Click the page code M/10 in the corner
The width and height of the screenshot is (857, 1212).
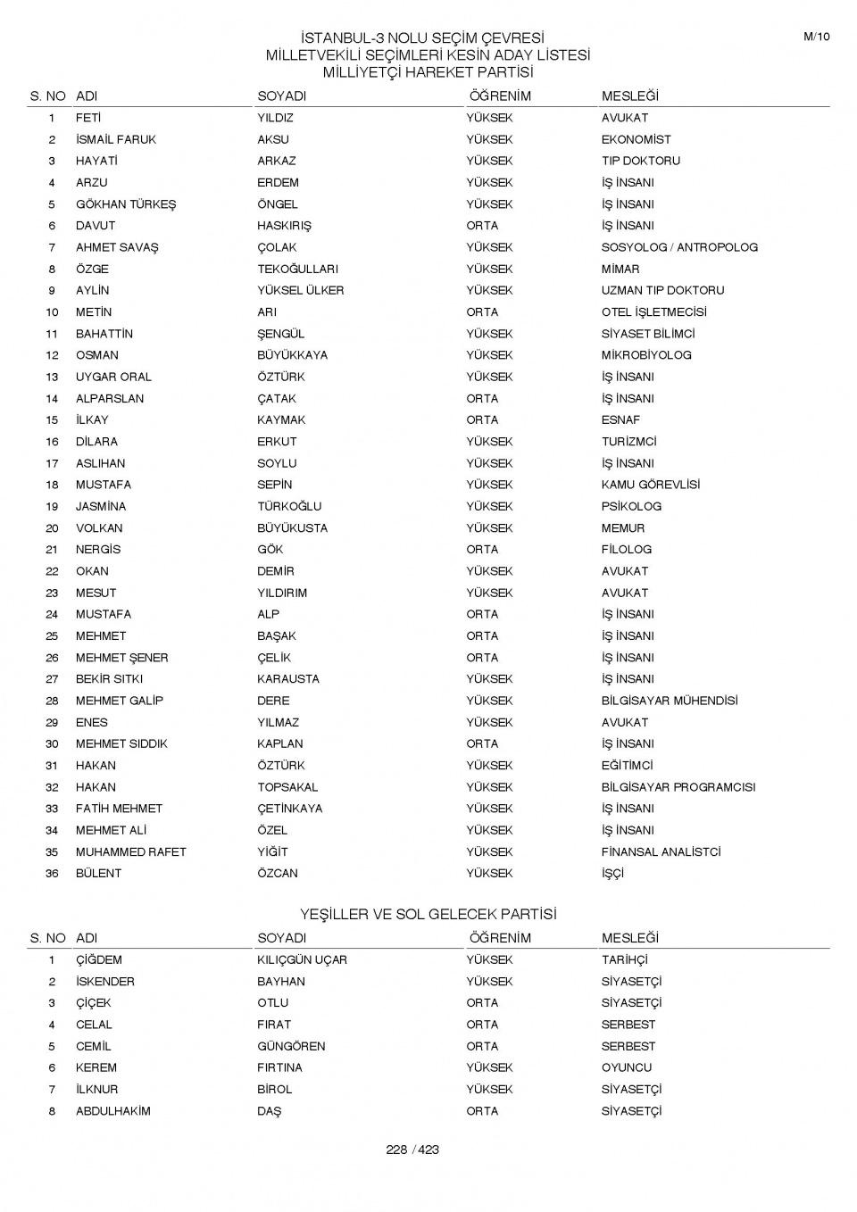point(816,37)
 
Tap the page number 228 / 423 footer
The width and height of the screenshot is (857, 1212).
point(412,1150)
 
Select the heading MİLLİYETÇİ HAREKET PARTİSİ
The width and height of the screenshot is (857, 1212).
point(428,72)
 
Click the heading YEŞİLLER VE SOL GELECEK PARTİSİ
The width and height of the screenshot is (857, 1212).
point(428,915)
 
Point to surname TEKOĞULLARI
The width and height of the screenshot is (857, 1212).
point(297,269)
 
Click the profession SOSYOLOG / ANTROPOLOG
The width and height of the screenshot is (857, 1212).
point(678,247)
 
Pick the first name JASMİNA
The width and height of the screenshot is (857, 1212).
point(101,506)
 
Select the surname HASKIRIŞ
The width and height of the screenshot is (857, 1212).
point(284,226)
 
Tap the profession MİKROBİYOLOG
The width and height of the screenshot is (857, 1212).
point(646,355)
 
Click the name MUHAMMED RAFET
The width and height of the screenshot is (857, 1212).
point(130,851)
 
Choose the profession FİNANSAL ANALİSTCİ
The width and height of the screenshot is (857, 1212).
point(661,851)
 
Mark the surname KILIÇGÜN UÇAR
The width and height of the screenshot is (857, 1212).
point(302,960)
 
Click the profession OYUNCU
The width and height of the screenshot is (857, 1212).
point(627,1067)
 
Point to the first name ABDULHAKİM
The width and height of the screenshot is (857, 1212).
point(113,1111)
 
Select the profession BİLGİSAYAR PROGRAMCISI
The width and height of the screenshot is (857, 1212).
point(678,787)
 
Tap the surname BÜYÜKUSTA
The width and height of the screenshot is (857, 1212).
point(292,528)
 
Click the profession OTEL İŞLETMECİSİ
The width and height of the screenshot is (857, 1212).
point(653,312)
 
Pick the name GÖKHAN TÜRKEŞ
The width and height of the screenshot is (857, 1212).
point(126,204)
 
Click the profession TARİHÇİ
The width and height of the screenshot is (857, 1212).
point(624,960)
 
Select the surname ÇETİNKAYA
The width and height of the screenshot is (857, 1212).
point(290,809)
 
